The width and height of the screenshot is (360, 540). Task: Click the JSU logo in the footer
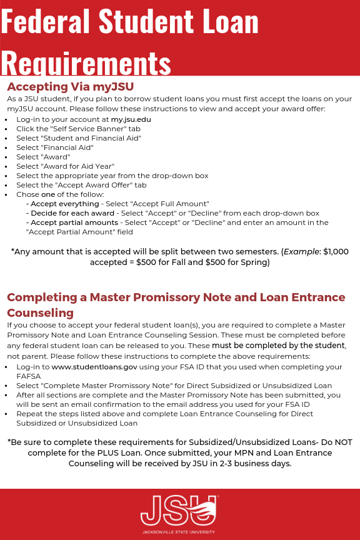coord(179,509)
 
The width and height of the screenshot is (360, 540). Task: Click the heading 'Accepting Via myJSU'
coord(70,86)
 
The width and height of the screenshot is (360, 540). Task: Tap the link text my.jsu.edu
coord(131,119)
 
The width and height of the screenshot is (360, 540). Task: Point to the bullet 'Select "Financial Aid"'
coord(55,147)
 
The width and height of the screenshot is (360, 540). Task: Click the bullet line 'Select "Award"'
coord(43,157)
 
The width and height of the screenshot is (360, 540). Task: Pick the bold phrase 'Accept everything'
coord(65,204)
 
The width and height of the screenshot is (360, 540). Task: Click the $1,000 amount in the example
coord(336,251)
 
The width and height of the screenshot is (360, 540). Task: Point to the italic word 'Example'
coord(301,251)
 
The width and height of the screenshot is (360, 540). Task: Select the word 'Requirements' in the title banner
coord(86,62)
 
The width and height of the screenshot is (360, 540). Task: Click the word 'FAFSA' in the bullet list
coord(29,376)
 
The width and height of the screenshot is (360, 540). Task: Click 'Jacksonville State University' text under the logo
coord(179,532)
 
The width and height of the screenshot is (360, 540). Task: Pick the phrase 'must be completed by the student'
coord(279,345)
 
